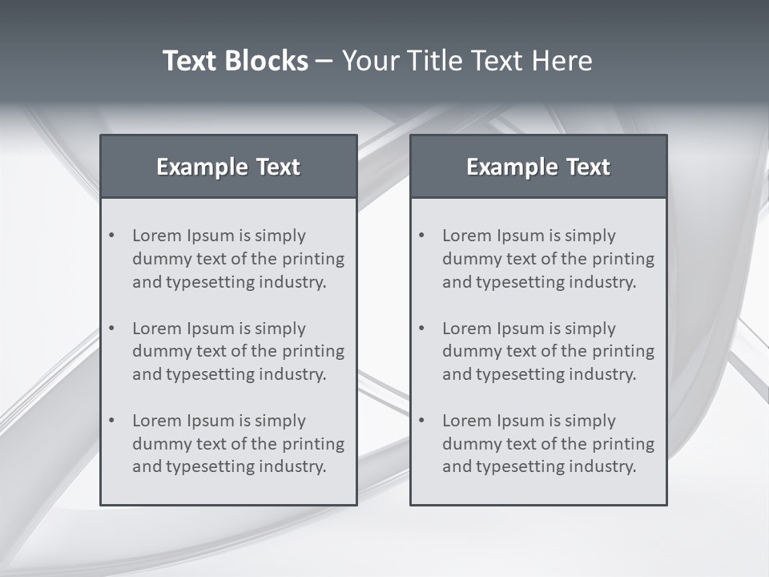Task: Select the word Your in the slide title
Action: [x=369, y=61]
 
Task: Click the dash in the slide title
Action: [x=325, y=62]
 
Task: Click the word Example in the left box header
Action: [x=201, y=167]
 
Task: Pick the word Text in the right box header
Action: [x=589, y=167]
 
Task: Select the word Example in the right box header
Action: [x=511, y=167]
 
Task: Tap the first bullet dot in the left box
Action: [x=112, y=236]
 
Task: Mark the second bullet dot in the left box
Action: [x=112, y=329]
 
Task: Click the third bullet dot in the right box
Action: [x=422, y=421]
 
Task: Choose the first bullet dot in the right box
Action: [x=422, y=236]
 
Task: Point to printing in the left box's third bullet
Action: [x=314, y=444]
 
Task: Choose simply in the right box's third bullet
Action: [x=590, y=422]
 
